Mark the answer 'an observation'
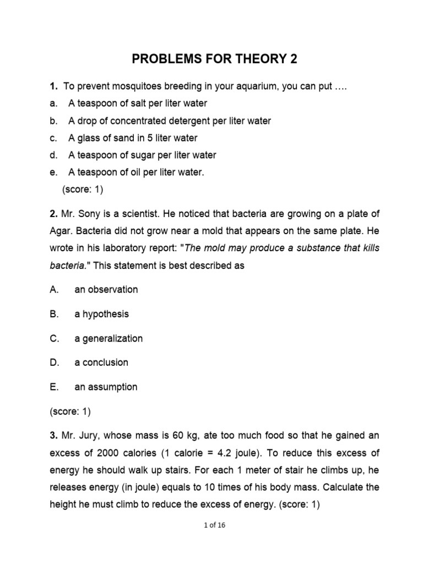[x=106, y=290]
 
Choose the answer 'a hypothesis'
[x=102, y=314]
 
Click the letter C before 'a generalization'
[x=54, y=338]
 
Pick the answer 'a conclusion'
[x=101, y=362]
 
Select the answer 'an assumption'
[x=106, y=387]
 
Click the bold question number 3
[x=53, y=436]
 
